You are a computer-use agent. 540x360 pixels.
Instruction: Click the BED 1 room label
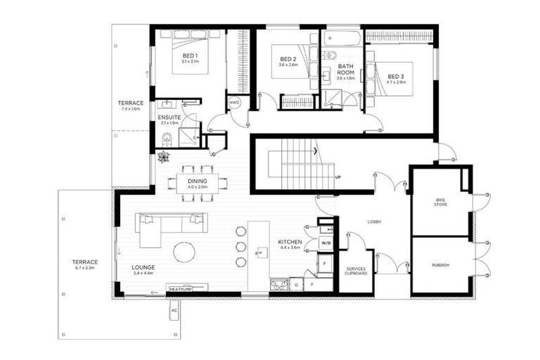coord(190,56)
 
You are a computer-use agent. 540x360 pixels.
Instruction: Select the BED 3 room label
coord(396,76)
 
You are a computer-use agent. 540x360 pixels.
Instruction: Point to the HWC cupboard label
coord(234,103)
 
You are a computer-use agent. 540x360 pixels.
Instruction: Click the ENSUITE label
coord(169,117)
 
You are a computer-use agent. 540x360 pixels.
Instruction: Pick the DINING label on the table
coord(197,181)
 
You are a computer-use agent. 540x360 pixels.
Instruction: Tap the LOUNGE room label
coord(143,267)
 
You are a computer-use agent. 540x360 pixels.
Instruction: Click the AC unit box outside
coord(174,309)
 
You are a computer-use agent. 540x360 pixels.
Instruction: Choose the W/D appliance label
coord(326,243)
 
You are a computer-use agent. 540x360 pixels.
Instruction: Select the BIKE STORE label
coord(440,204)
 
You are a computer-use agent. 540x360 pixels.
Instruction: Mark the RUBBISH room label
coord(440,265)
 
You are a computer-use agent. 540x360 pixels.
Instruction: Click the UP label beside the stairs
coord(339,176)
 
